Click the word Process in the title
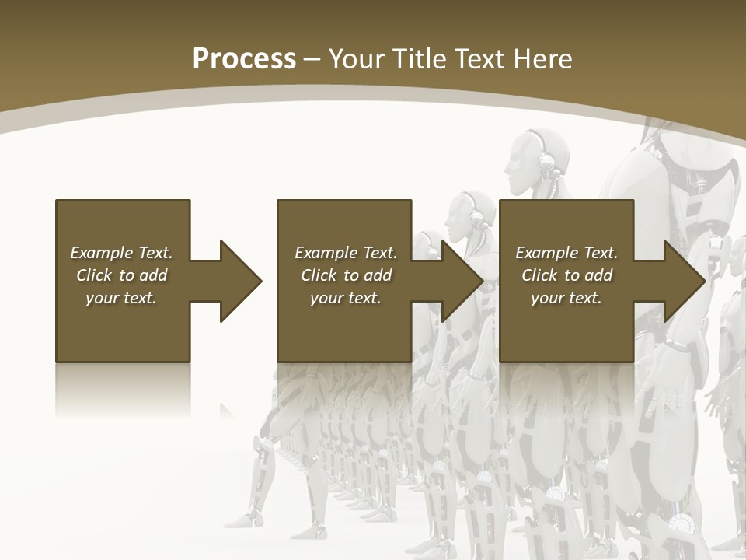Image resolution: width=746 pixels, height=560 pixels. click(244, 59)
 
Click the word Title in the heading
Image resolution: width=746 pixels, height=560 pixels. click(419, 59)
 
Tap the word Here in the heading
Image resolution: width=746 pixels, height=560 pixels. click(543, 59)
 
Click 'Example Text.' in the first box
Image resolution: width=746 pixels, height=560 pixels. click(121, 253)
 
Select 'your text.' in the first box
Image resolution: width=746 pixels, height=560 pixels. click(121, 298)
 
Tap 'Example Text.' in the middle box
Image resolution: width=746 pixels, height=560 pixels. click(346, 253)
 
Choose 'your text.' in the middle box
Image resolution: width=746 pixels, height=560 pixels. click(346, 298)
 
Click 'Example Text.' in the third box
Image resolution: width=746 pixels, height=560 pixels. click(566, 253)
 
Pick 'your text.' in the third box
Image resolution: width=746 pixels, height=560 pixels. click(566, 298)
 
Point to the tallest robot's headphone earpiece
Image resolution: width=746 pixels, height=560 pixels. click(547, 162)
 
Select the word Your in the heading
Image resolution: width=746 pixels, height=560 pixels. click(355, 59)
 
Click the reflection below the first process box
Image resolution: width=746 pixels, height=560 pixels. click(123, 389)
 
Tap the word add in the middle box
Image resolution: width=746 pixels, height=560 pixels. click(378, 275)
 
